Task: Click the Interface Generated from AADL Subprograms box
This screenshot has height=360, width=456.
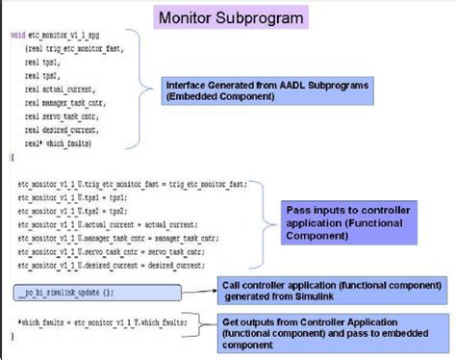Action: [x=259, y=89]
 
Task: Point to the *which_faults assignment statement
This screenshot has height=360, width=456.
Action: [x=97, y=321]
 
